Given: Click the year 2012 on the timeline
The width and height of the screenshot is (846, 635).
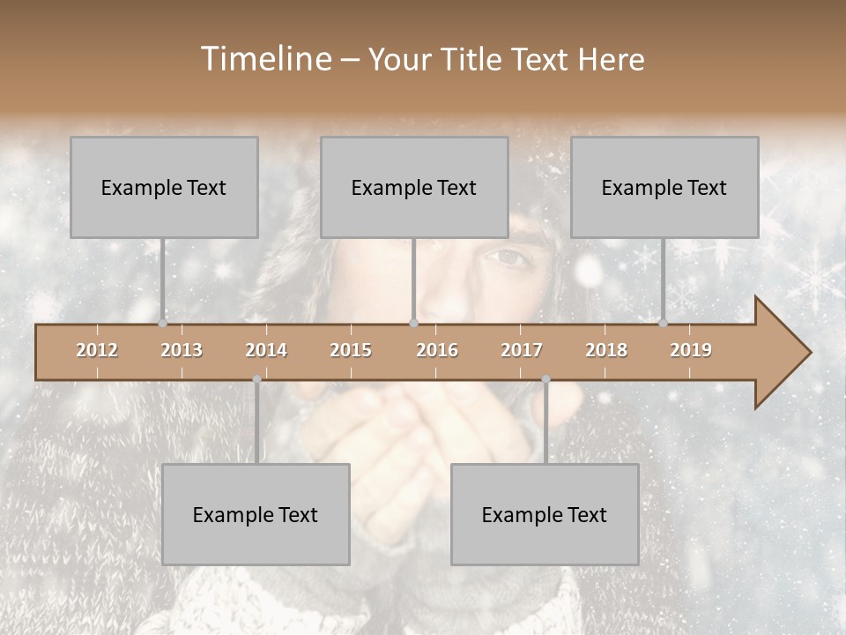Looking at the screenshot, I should click(x=97, y=350).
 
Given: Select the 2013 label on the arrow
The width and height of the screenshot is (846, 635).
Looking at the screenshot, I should click(x=182, y=350).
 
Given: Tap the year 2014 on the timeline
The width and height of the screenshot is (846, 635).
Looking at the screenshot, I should click(x=266, y=350).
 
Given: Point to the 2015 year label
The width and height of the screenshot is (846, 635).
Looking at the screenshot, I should click(x=351, y=350).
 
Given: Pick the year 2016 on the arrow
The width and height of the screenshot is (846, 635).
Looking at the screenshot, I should click(x=437, y=350).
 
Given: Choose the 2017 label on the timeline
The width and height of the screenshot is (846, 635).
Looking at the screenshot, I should click(x=522, y=350).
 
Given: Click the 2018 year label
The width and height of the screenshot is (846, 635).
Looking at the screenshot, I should click(x=606, y=350).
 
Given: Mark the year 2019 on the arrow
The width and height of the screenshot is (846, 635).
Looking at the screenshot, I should click(x=691, y=350).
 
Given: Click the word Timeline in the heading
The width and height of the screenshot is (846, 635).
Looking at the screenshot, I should click(x=264, y=59).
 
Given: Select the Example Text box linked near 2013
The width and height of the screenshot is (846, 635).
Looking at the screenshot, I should click(x=164, y=187).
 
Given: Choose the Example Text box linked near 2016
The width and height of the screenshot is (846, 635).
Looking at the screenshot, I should click(x=414, y=187).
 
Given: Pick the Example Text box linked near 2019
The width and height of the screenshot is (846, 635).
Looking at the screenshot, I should click(x=664, y=187).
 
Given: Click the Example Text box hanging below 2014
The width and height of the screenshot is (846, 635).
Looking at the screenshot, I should click(x=256, y=514).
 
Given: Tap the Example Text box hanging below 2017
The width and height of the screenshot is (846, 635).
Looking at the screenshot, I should click(x=545, y=514).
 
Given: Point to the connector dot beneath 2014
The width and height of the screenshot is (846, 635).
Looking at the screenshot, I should click(x=256, y=379).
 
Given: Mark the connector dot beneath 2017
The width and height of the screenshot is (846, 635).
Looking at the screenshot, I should click(x=545, y=379).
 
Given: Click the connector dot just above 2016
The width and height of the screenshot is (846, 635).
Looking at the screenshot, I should click(x=413, y=323).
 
